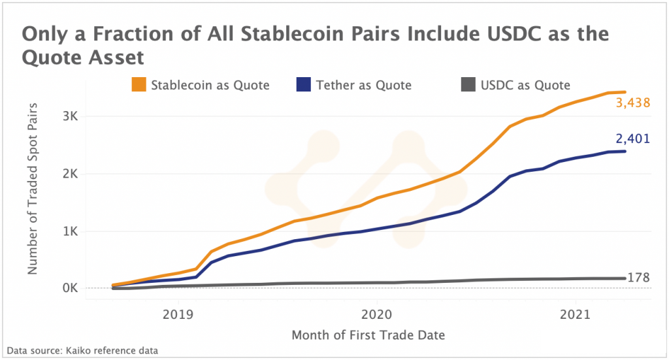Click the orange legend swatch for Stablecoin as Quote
[139, 85]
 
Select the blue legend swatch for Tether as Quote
[304, 85]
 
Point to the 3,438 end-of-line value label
[632, 103]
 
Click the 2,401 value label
[632, 139]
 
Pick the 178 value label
[638, 278]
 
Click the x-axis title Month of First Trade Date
[368, 336]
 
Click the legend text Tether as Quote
[363, 85]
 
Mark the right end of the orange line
[625, 92]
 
